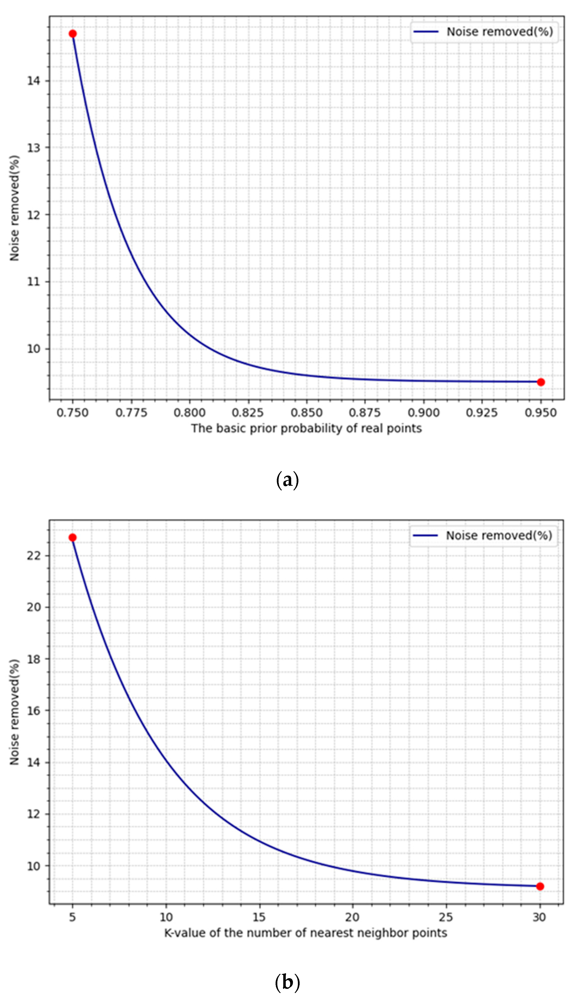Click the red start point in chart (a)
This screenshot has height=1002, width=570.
tap(72, 34)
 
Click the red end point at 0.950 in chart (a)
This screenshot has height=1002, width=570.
tap(541, 382)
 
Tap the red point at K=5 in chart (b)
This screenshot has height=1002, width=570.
tap(72, 537)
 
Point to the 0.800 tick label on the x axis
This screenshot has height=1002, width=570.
tap(190, 413)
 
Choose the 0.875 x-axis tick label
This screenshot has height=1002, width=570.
tap(365, 413)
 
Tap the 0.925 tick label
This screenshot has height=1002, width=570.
tap(482, 413)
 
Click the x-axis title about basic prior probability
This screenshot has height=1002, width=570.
tap(306, 428)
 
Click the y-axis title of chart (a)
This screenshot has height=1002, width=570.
tap(14, 208)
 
